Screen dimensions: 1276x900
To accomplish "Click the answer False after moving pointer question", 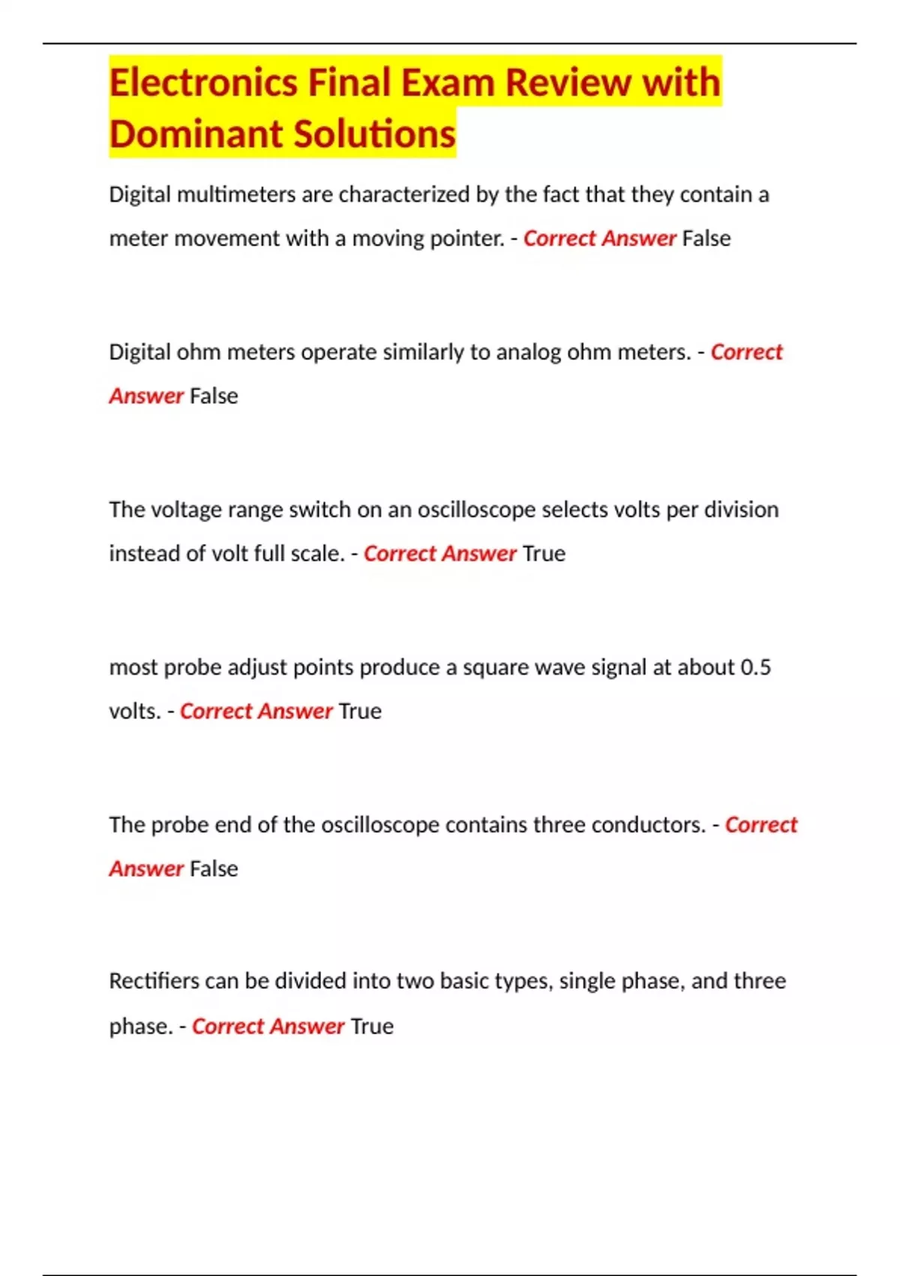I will pos(706,239).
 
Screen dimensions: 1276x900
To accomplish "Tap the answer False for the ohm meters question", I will pos(214,396).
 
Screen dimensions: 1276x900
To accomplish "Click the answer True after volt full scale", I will pos(544,554).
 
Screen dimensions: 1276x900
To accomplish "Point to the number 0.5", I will pos(755,667).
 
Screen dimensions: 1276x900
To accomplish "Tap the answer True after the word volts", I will pos(360,712).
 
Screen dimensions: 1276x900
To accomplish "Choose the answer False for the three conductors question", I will pos(214,869).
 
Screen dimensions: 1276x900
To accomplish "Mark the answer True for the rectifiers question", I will pos(372,1026).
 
